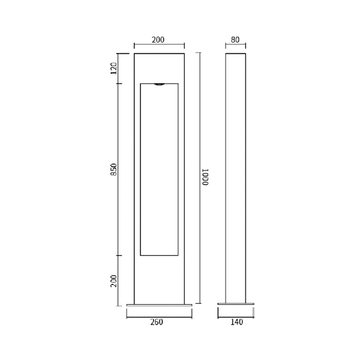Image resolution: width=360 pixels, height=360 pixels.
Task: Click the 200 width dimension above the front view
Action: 158,40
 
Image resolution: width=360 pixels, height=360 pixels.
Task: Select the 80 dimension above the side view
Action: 235,40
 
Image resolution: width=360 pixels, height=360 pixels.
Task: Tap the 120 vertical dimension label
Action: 114,68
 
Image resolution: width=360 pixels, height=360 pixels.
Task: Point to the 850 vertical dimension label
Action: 114,170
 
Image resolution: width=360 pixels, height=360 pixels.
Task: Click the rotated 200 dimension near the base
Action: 114,280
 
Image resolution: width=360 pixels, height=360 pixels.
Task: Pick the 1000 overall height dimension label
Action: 205,177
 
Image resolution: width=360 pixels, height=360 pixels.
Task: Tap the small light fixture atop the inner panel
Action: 159,85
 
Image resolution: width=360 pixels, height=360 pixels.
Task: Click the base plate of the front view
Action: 159,305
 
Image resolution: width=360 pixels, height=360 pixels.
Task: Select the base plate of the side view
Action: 236,305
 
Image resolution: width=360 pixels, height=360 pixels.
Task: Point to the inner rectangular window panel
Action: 159,169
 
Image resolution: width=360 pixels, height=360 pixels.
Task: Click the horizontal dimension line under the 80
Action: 235,46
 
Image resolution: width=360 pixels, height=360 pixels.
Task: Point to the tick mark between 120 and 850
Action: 118,84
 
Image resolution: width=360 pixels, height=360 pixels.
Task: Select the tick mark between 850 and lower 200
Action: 118,256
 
